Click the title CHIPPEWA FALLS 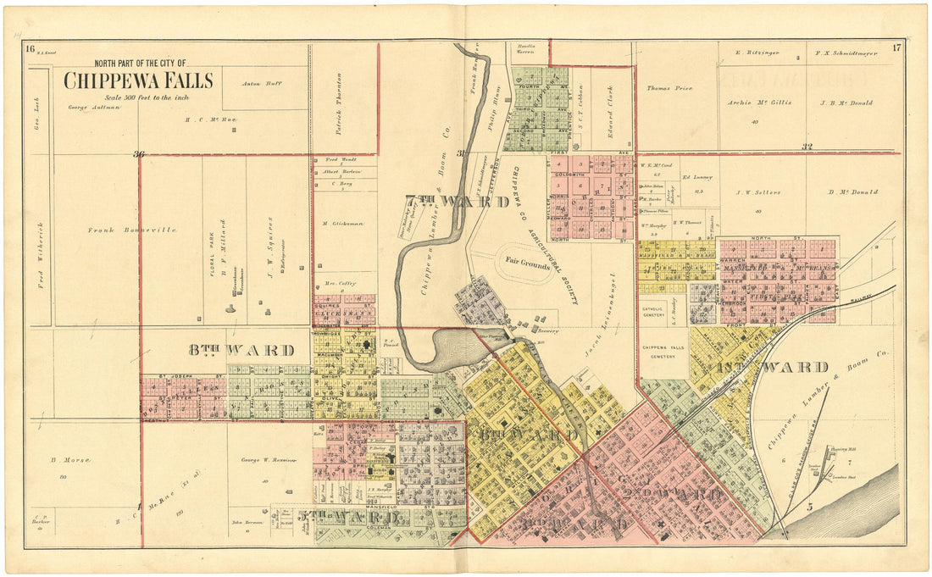point(138,80)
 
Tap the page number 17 point(896,47)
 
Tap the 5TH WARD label point(348,516)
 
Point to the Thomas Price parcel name point(669,87)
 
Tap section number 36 point(139,154)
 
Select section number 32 point(806,147)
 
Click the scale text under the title point(140,98)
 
